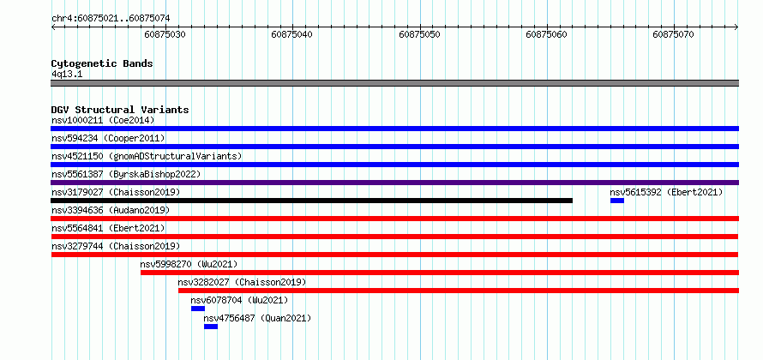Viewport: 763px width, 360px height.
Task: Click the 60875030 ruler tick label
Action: [165, 34]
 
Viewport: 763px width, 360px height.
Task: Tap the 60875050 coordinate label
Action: [419, 34]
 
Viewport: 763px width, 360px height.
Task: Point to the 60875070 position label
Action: [674, 34]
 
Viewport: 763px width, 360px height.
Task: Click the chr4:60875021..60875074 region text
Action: [111, 19]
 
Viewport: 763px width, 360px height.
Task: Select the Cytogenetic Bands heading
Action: [102, 63]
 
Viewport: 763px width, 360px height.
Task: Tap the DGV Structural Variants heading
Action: [120, 110]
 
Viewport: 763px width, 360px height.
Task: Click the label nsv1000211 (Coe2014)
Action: [103, 120]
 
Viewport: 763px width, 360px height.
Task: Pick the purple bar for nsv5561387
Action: [394, 183]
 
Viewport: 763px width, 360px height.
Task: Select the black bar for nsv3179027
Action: [311, 201]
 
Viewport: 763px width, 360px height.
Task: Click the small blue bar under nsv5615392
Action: [617, 201]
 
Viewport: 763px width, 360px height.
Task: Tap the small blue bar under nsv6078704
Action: [198, 309]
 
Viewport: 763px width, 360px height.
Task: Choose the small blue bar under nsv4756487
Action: [211, 327]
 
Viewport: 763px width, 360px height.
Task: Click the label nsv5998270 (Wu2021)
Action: [189, 264]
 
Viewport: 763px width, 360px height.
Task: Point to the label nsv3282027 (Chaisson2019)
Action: [242, 282]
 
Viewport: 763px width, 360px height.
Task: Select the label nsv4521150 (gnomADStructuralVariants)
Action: [147, 156]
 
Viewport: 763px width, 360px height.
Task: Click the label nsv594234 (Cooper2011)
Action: [108, 138]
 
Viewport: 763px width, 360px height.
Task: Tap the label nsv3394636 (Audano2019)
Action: [111, 210]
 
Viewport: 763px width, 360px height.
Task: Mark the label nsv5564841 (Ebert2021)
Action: [108, 228]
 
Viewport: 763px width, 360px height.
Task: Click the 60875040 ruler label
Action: [292, 34]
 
